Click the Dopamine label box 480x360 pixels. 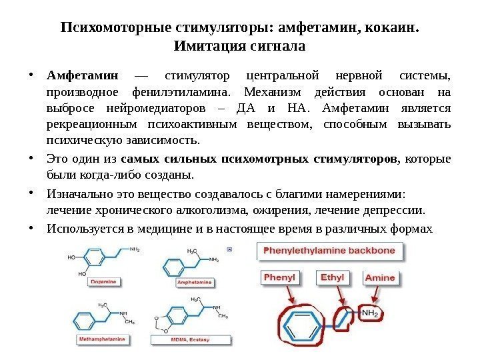click(103, 283)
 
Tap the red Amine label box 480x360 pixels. click(380, 277)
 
